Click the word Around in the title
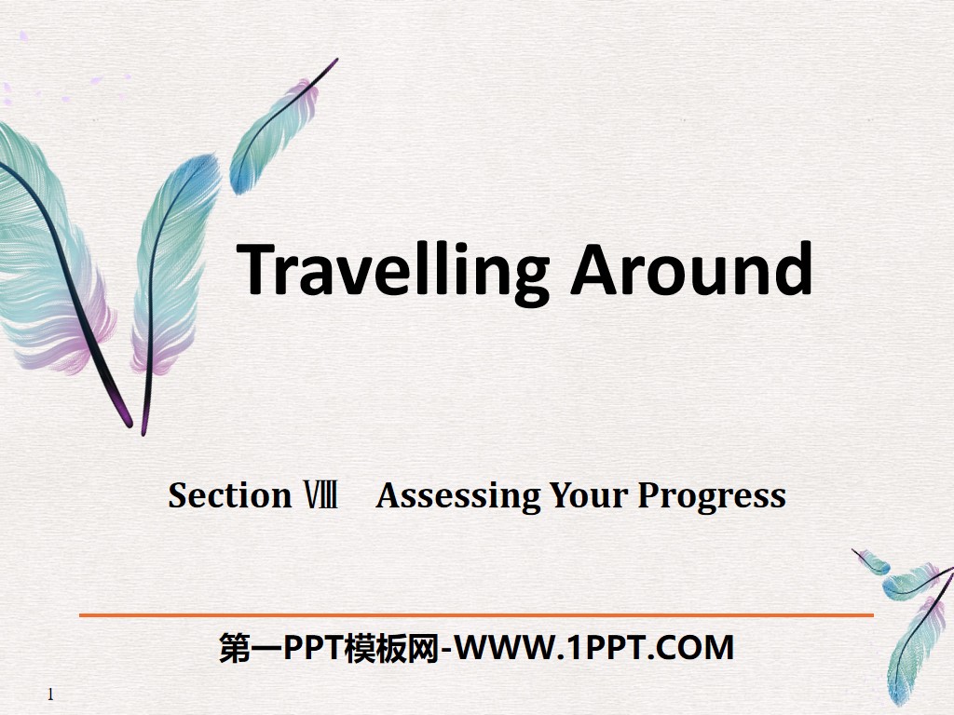pyautogui.click(x=691, y=270)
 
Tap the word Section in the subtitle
pyautogui.click(x=230, y=495)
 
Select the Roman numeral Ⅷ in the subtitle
pyautogui.click(x=319, y=495)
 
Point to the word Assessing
pyautogui.click(x=457, y=496)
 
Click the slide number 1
pyautogui.click(x=50, y=695)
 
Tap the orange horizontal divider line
pyautogui.click(x=476, y=615)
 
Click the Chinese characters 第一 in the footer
pyautogui.click(x=240, y=648)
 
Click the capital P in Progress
pyautogui.click(x=648, y=495)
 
